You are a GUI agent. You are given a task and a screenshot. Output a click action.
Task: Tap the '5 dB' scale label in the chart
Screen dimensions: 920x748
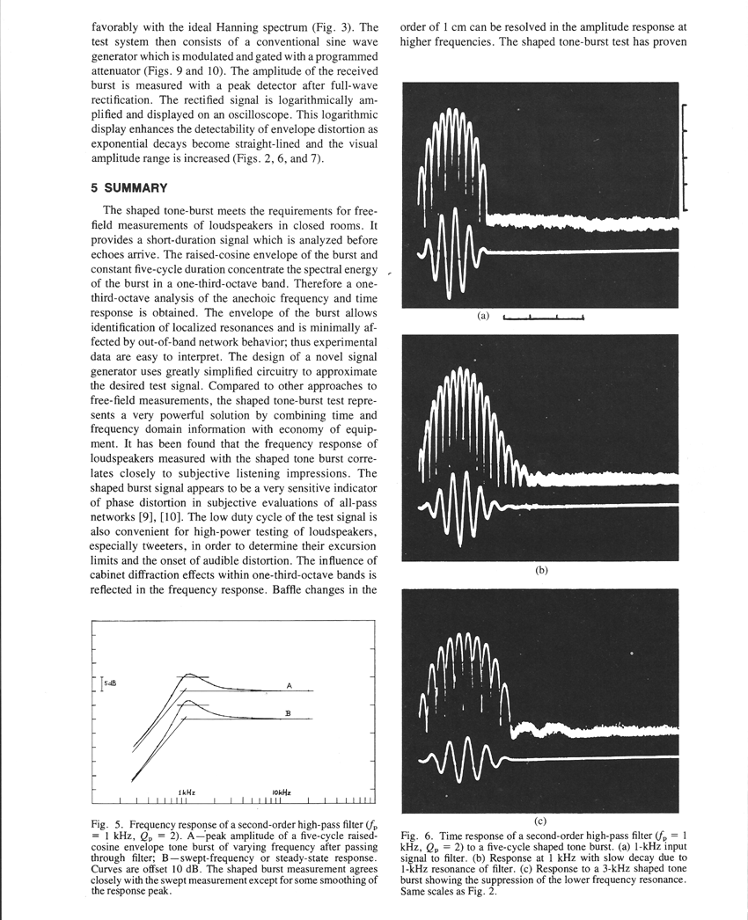(x=110, y=683)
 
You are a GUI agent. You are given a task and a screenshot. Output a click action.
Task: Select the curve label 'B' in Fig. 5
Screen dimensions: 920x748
(x=288, y=713)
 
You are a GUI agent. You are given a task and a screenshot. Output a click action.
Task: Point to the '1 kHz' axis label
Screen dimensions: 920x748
(x=187, y=792)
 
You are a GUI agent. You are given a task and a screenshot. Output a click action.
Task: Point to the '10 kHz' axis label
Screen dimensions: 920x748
(x=281, y=792)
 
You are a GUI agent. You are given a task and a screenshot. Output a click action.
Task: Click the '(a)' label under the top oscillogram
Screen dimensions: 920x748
(x=482, y=316)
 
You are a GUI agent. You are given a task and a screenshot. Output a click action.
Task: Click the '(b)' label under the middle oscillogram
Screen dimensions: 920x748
(x=541, y=570)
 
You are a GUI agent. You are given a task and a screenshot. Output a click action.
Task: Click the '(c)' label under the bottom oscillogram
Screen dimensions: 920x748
(x=540, y=820)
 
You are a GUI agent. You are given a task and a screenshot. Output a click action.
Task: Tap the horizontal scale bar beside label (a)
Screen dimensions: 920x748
(x=543, y=318)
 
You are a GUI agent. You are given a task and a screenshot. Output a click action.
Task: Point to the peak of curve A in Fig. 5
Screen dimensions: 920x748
(x=188, y=675)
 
